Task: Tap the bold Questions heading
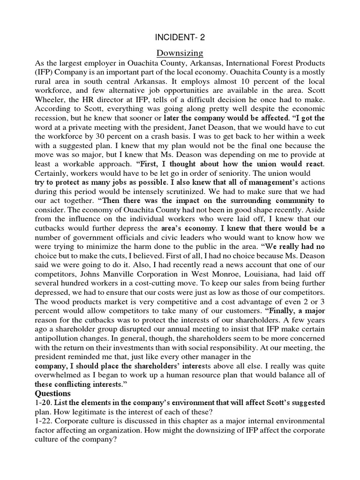coord(53,393)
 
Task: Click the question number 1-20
coord(45,403)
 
